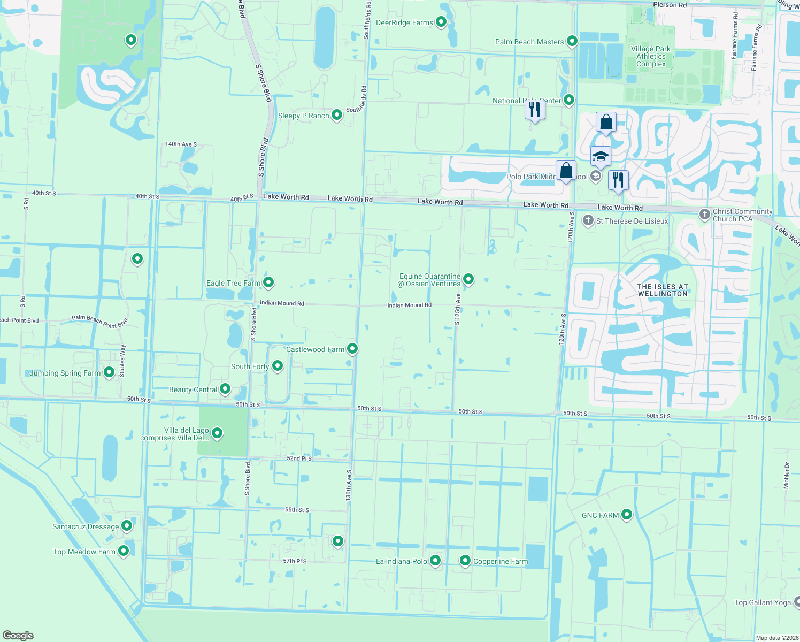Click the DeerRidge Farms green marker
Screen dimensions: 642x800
441,22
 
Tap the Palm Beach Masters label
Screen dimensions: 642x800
529,42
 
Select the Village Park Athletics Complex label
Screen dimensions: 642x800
651,56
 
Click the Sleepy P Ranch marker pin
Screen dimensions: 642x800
337,114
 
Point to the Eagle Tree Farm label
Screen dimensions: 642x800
233,283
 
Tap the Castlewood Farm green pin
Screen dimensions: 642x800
352,349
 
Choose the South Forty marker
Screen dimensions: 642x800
278,365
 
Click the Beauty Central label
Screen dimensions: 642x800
193,389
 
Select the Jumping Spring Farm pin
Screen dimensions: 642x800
109,372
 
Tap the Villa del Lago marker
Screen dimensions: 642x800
217,433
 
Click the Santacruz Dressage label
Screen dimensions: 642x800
86,526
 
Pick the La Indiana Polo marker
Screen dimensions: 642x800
435,560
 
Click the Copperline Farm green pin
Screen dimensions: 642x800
465,560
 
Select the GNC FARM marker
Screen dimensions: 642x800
627,514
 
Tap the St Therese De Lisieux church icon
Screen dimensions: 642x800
588,220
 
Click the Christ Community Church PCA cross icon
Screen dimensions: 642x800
705,215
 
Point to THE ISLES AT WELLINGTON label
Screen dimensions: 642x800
663,290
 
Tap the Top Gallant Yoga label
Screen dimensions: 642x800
762,602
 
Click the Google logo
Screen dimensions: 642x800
18,635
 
